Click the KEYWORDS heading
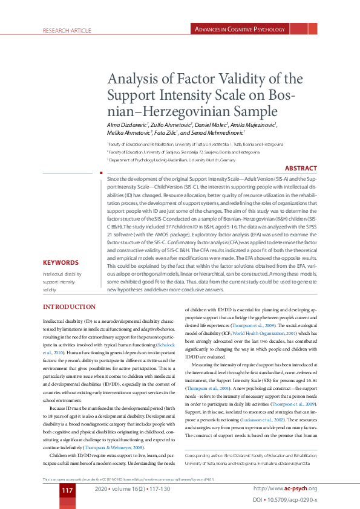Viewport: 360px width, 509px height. (x=61, y=263)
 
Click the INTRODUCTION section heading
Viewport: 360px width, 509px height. (x=69, y=307)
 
